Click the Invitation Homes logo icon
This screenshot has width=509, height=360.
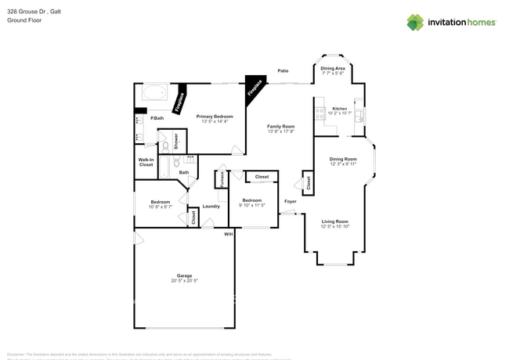(x=415, y=22)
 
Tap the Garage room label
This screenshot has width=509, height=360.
(x=184, y=276)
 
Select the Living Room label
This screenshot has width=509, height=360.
(x=334, y=222)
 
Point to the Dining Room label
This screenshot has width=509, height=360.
(x=343, y=159)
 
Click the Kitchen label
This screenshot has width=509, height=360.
(x=339, y=109)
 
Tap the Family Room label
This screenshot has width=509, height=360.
(x=280, y=127)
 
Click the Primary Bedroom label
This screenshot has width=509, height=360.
(x=215, y=117)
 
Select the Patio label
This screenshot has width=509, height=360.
(x=283, y=71)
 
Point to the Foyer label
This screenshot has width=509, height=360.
(x=290, y=200)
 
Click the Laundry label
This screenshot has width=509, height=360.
(x=211, y=207)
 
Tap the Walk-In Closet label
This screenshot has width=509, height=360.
(x=146, y=162)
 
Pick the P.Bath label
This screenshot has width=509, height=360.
(x=157, y=118)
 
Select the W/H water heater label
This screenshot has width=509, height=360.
(x=229, y=234)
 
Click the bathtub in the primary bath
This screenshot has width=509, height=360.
(x=153, y=93)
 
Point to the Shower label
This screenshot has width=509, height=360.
(x=176, y=142)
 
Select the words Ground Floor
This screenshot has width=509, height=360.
(x=24, y=20)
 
